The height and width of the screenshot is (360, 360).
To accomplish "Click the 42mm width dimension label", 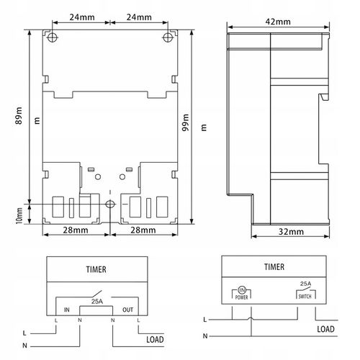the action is click(278, 22).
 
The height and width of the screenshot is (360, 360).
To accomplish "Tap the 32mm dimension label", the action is click(291, 232).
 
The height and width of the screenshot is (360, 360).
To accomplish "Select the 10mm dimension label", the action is click(19, 216).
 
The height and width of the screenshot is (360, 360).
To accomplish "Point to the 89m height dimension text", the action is click(19, 116).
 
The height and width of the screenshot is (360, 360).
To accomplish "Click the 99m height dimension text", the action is click(186, 122).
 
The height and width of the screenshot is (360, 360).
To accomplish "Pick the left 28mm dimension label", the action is click(76, 230).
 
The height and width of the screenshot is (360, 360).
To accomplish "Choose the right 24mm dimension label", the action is click(139, 17).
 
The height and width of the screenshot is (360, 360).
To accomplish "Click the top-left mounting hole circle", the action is click(53, 37).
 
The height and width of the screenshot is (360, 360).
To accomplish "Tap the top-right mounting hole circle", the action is click(168, 37).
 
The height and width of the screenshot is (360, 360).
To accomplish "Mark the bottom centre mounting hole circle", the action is click(110, 204).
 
